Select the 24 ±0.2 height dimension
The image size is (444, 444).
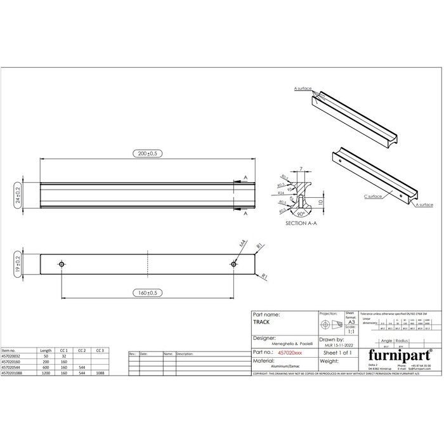[x=17, y=195]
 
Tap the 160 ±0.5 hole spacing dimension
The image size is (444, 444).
[x=147, y=293]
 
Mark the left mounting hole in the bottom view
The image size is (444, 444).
[x=62, y=264]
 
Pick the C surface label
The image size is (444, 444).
[x=373, y=197]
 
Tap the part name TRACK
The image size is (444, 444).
[x=261, y=322]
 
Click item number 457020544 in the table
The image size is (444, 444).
[x=13, y=367]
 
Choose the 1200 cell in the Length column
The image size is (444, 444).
[x=46, y=372]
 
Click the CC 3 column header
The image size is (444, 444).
[x=99, y=350]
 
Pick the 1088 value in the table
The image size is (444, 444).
[x=99, y=372]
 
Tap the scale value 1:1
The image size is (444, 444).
[x=350, y=331]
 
